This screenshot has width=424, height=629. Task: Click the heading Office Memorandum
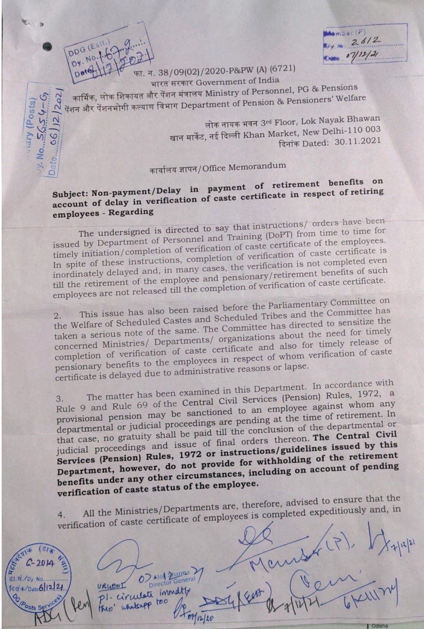pyautogui.click(x=244, y=167)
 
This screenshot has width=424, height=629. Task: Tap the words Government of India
pyautogui.click(x=238, y=81)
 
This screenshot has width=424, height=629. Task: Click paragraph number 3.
pyautogui.click(x=60, y=398)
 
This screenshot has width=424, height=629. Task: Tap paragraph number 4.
pyautogui.click(x=61, y=515)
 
